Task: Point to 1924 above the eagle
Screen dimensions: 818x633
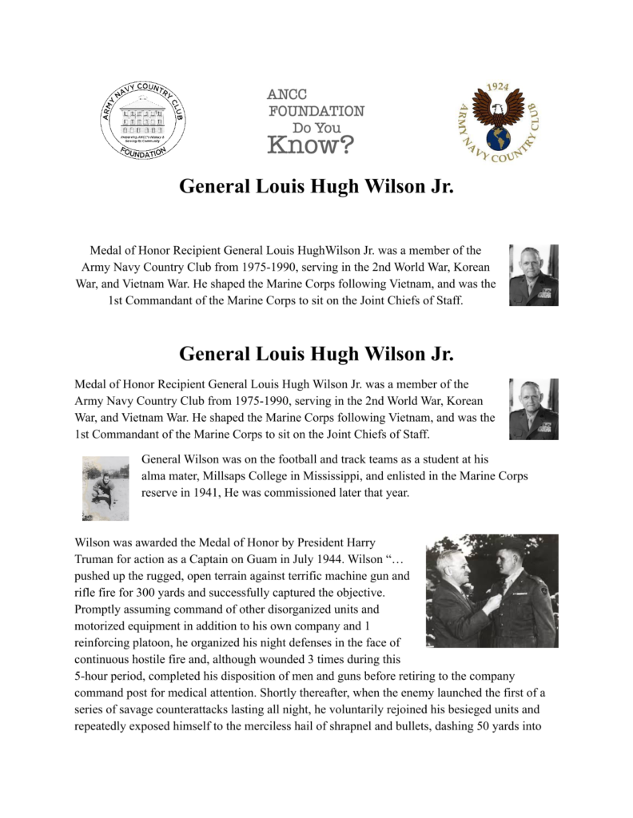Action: tap(498, 87)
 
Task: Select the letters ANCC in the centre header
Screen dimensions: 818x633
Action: tap(286, 94)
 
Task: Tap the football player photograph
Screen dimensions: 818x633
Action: tap(105, 487)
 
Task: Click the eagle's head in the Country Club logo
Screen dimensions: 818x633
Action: tap(500, 111)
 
